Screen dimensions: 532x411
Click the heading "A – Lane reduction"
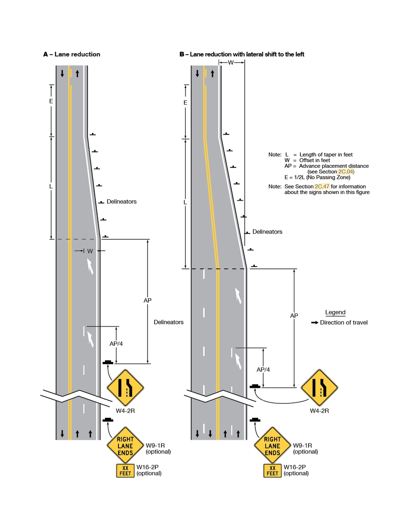[x=72, y=54]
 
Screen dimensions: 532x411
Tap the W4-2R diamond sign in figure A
[x=125, y=387]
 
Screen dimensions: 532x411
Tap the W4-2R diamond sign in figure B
[x=319, y=387]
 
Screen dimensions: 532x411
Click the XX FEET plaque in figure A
[x=125, y=471]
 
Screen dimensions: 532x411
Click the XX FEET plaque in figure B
[x=273, y=471]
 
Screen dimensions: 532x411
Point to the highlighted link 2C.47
[x=322, y=186]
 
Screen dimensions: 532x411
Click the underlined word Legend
[x=335, y=312]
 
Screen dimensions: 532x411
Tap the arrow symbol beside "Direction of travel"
[x=314, y=323]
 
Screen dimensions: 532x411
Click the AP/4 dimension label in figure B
[x=263, y=369]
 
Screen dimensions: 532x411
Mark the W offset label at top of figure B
[x=231, y=63]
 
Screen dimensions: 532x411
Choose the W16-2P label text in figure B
[x=294, y=467]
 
